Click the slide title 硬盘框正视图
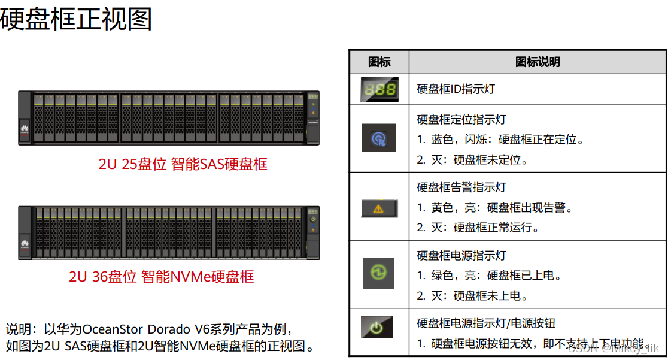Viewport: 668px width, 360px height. point(76,19)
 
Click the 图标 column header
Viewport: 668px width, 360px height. point(379,62)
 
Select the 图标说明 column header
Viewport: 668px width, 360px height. point(538,62)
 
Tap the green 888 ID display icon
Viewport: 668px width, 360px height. point(379,89)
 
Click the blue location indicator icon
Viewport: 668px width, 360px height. point(379,138)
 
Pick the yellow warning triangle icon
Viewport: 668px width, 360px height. point(379,208)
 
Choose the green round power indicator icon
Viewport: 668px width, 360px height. point(379,273)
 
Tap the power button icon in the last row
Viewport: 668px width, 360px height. point(376,328)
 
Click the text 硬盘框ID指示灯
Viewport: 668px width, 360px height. point(456,89)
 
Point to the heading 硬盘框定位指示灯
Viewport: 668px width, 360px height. point(461,120)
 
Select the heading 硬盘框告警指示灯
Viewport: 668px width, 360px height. point(461,187)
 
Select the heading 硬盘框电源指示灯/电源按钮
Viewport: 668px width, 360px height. point(486,323)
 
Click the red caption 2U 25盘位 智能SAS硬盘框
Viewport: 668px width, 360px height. point(183,164)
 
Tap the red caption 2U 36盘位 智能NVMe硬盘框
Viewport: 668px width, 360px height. point(161,276)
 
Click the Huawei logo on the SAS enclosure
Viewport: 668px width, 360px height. point(25,128)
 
